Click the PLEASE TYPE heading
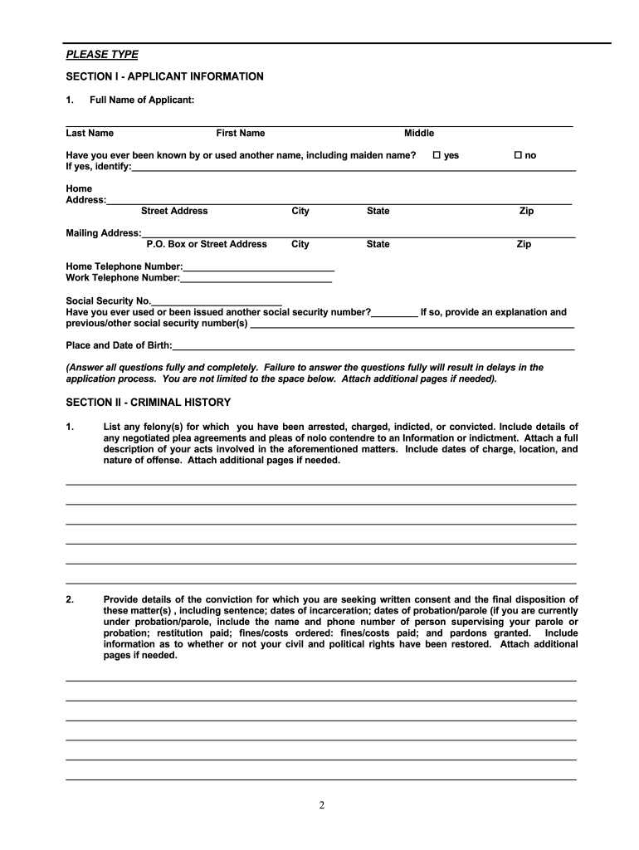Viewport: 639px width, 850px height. tap(102, 55)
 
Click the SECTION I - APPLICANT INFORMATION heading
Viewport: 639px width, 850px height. tap(164, 76)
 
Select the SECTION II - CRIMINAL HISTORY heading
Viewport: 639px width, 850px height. tap(148, 403)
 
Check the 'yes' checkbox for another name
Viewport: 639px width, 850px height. tap(437, 155)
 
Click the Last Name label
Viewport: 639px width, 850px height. tap(90, 134)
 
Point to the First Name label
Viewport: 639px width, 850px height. tap(241, 134)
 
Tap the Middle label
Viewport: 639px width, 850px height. tap(419, 134)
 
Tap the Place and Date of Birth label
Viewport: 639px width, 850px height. tap(119, 345)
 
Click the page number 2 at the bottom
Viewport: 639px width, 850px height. tap(320, 804)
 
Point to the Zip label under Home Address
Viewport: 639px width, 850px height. tap(526, 212)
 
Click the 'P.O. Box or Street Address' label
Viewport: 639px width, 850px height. tap(207, 245)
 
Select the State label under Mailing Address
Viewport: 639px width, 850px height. tap(378, 245)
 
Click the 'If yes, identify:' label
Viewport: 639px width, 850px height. tap(99, 167)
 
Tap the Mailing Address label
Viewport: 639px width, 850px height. tap(103, 233)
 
